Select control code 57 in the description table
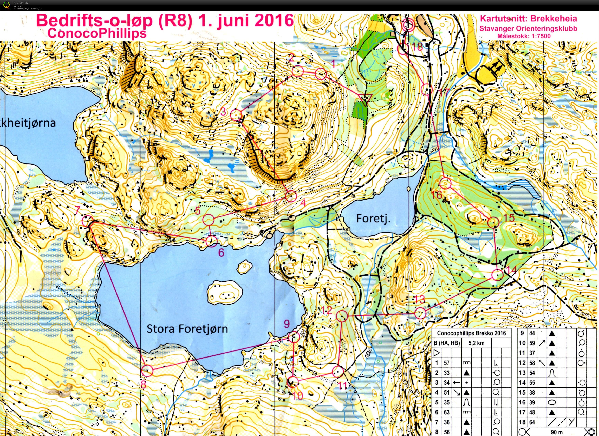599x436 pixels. pos(446,363)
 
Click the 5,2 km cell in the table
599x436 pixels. pos(477,343)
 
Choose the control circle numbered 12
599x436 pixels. pos(342,316)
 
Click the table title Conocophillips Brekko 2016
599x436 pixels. pos(471,333)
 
